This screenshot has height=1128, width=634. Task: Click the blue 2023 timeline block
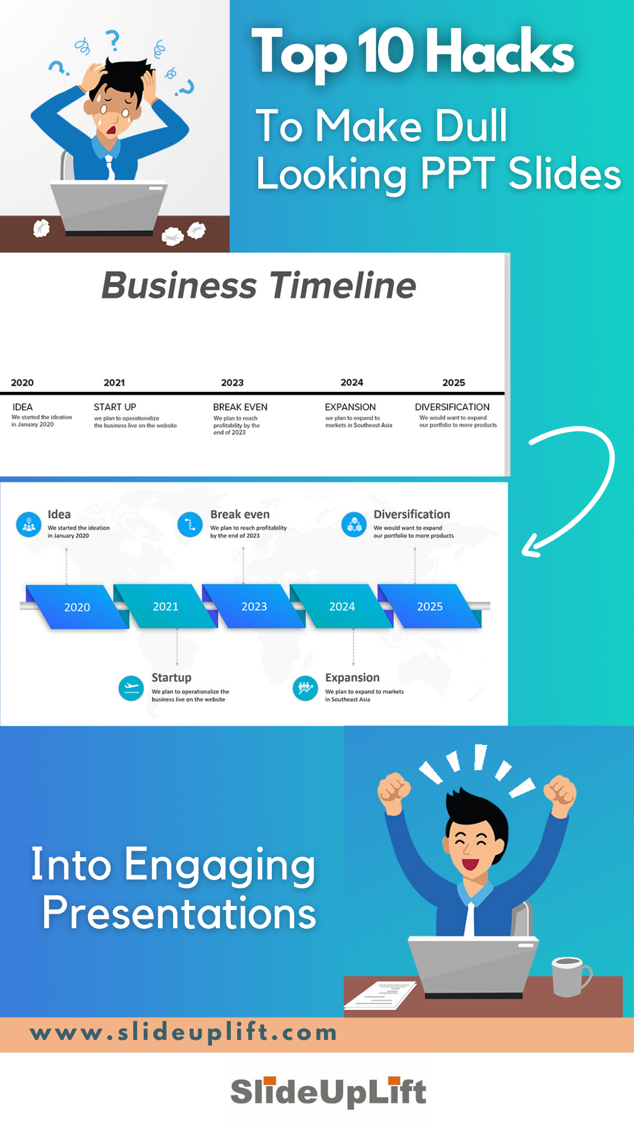[x=254, y=606]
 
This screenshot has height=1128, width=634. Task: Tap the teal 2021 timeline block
[x=166, y=606]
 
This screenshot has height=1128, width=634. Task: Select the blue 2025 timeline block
[x=430, y=606]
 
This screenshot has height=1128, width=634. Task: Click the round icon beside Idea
[x=29, y=525]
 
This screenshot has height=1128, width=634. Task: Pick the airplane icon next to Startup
[x=131, y=688]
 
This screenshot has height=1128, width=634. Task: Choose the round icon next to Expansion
[x=305, y=688]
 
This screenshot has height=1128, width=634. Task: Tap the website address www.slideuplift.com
[x=183, y=1032]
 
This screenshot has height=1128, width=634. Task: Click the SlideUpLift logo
[x=328, y=1092]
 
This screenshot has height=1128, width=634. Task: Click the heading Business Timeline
[x=259, y=286]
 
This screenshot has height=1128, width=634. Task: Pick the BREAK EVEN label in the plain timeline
[x=240, y=407]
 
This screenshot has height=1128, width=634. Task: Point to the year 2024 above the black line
[x=352, y=382]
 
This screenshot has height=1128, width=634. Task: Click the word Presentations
[x=179, y=914]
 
